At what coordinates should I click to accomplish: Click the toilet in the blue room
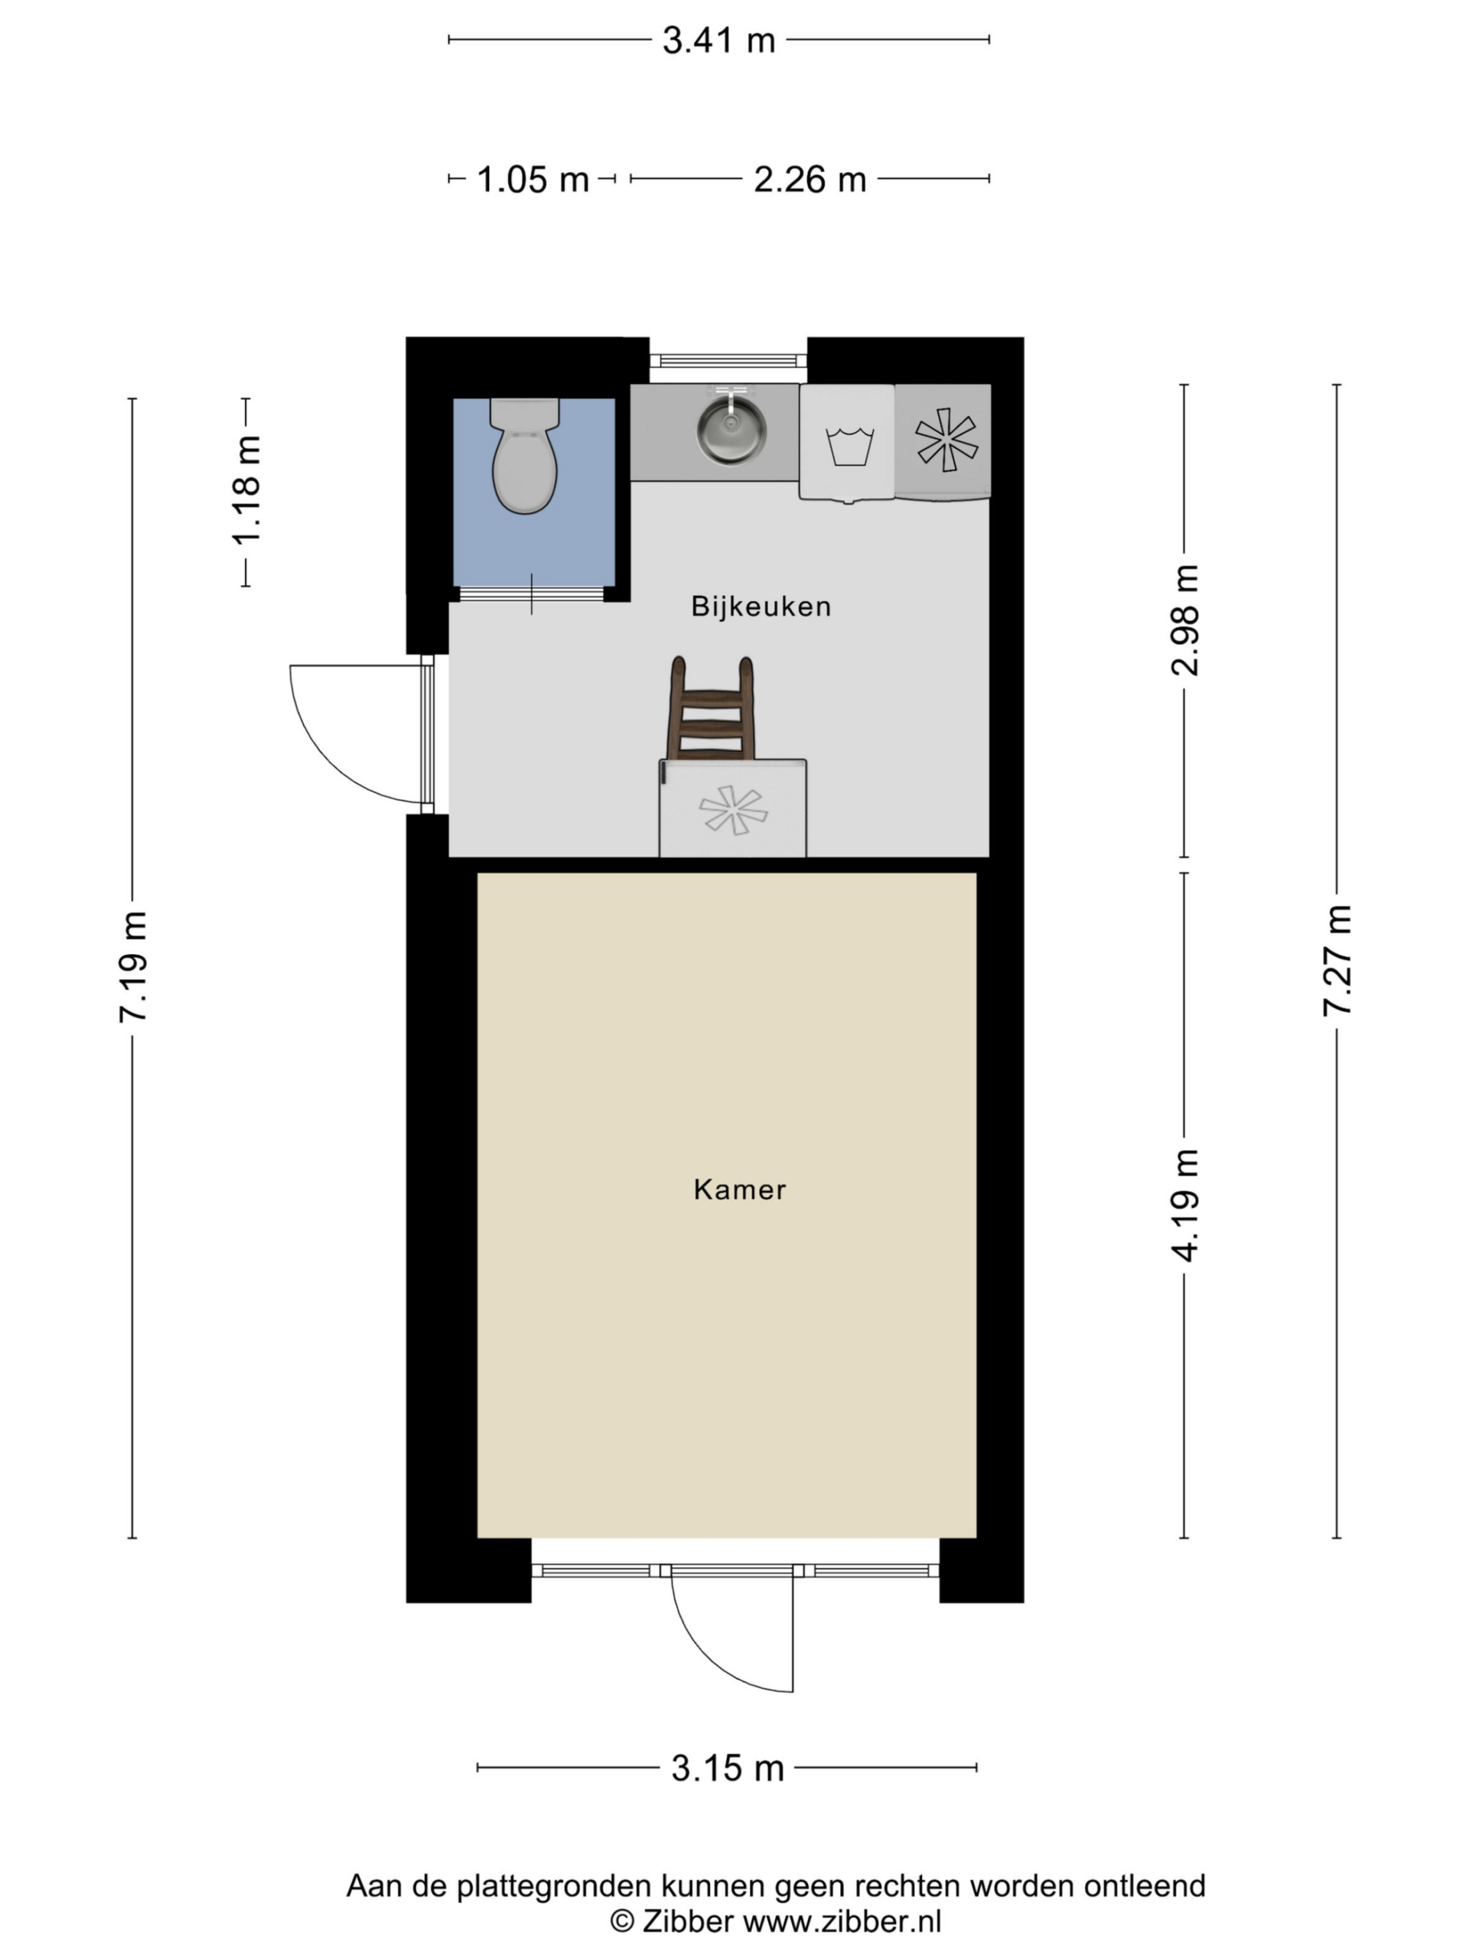524,457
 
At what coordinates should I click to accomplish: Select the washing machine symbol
848,443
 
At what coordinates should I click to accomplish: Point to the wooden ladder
710,711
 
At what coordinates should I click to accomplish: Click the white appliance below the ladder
732,809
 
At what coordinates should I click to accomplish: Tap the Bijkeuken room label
761,607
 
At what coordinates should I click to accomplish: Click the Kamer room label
739,1189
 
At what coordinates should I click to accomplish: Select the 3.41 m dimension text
718,41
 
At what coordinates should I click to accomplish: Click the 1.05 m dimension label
533,181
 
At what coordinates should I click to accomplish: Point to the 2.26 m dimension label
809,181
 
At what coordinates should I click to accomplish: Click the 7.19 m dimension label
133,967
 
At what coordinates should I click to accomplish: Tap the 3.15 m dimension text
727,1768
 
